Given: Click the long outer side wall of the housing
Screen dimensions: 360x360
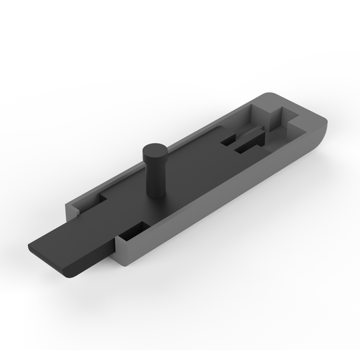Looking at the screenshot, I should coord(230,195).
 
